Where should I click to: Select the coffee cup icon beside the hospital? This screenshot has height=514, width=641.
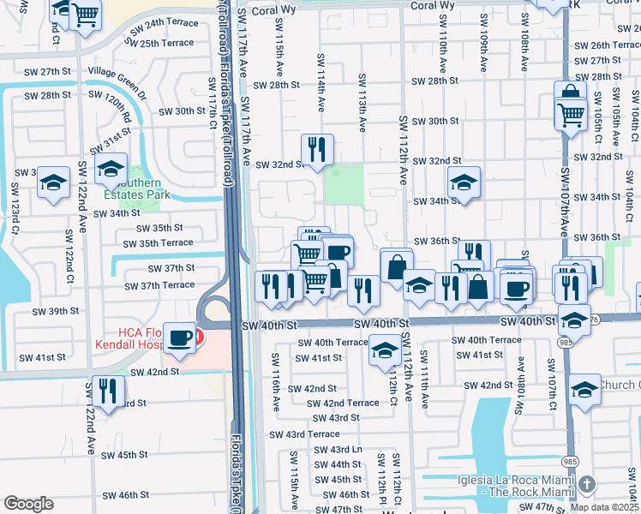[x=180, y=337]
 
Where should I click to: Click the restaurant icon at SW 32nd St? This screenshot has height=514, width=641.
[x=317, y=149]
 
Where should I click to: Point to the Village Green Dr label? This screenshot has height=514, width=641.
[x=119, y=72]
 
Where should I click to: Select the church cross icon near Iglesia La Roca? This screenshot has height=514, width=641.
[x=584, y=486]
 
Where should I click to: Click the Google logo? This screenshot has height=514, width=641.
[x=28, y=504]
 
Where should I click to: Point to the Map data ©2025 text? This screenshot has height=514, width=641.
[x=605, y=507]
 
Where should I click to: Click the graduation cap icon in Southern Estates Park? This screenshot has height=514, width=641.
[x=111, y=169]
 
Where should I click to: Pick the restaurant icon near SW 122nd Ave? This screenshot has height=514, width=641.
[x=106, y=390]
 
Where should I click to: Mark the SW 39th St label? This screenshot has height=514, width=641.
[x=51, y=311]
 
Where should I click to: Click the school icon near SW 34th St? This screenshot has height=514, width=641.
[x=464, y=182]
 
